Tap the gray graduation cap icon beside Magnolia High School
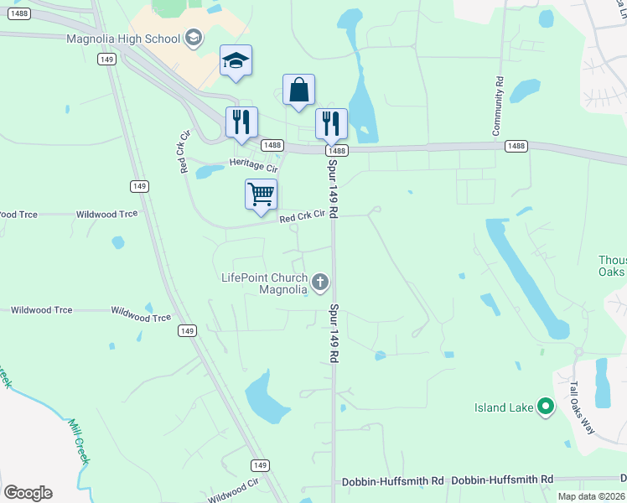tap(194, 38)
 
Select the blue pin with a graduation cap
tap(236, 61)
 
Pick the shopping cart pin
tap(261, 195)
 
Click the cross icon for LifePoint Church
tap(319, 283)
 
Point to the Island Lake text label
tap(504, 408)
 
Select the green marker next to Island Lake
tap(546, 408)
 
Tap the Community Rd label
tap(498, 106)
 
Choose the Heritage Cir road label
tap(253, 167)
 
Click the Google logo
tap(28, 493)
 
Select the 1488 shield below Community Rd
tap(516, 146)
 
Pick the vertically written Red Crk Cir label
tap(185, 151)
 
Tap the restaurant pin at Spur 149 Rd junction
tap(331, 124)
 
